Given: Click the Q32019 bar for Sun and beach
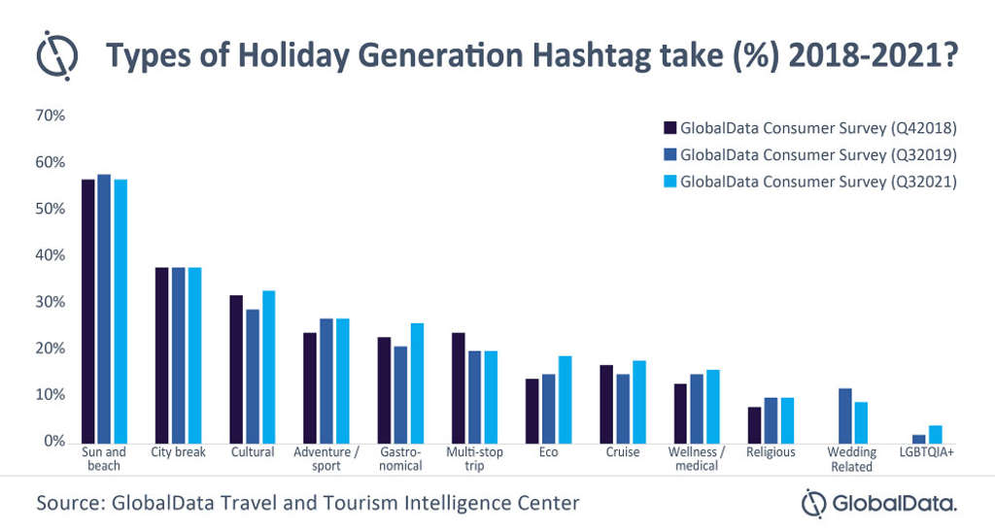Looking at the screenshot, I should pyautogui.click(x=104, y=309).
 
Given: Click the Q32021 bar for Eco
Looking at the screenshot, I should pyautogui.click(x=565, y=399).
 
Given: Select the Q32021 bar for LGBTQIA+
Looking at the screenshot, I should pyautogui.click(x=935, y=434).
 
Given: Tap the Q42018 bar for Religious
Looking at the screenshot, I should pyautogui.click(x=754, y=424).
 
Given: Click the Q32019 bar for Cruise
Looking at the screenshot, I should pyautogui.click(x=623, y=409).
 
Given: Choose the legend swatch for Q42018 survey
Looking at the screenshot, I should pyautogui.click(x=669, y=127).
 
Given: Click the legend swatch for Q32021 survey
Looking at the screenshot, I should pyautogui.click(x=669, y=181).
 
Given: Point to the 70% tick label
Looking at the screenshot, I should pyautogui.click(x=50, y=116).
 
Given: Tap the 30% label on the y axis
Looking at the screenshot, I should pyautogui.click(x=50, y=302).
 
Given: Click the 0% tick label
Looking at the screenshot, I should pyautogui.click(x=53, y=442).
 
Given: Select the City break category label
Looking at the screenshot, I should pyautogui.click(x=179, y=452).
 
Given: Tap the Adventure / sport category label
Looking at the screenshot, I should pyautogui.click(x=326, y=459).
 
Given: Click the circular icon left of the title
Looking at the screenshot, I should pyautogui.click(x=57, y=55).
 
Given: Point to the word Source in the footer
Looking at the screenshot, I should pyautogui.click(x=68, y=503).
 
